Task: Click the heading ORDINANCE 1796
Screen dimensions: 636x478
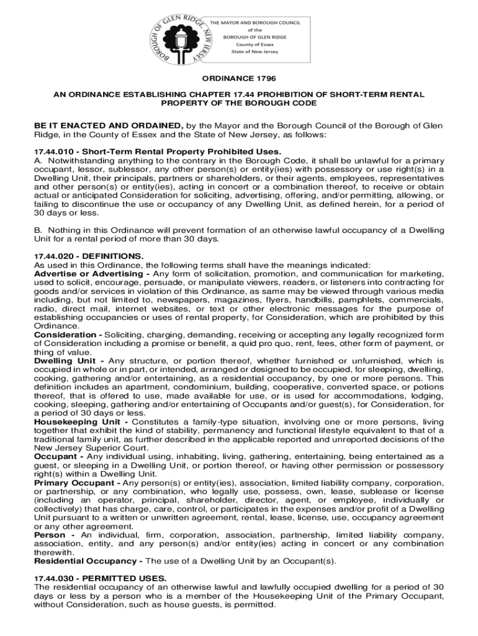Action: [x=239, y=79]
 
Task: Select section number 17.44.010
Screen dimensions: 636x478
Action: [x=55, y=152]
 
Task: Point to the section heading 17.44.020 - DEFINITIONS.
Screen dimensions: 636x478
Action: [x=89, y=255]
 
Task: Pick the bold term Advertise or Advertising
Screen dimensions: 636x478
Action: [x=87, y=273]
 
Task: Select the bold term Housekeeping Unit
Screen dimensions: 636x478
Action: [x=77, y=422]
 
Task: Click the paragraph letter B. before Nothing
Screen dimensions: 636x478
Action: [x=38, y=230]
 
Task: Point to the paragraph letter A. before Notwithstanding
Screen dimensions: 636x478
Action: [x=38, y=160]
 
